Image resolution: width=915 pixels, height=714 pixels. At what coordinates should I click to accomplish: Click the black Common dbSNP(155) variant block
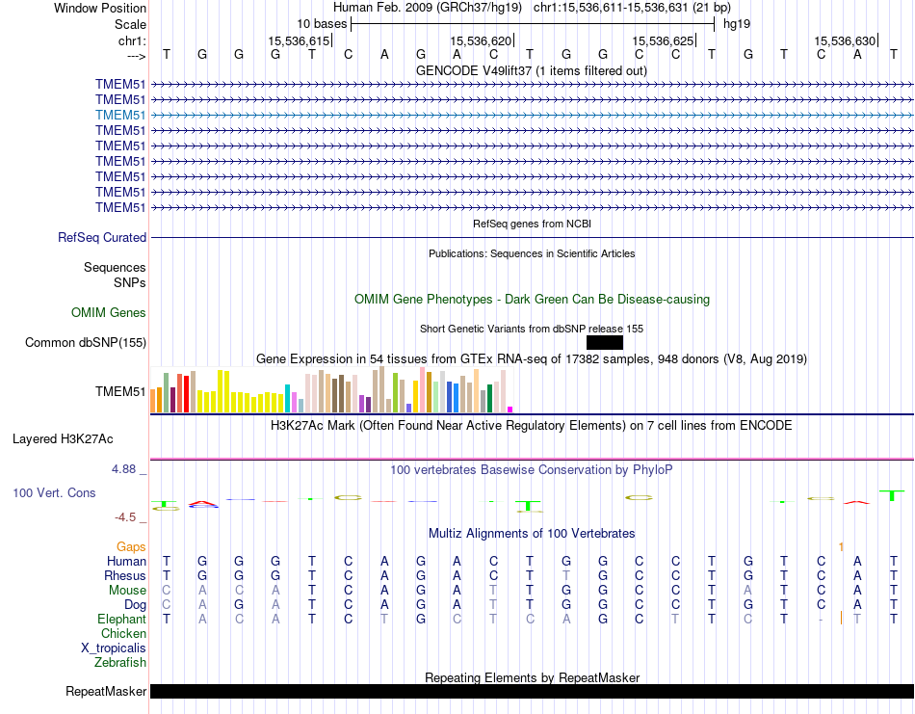604,342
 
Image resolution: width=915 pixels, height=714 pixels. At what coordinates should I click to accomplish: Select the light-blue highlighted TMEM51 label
120,115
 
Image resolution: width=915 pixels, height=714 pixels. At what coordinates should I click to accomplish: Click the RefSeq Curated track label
102,237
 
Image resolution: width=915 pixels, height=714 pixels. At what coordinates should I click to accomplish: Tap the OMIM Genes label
109,312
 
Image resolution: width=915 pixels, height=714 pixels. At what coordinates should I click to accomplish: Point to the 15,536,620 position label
481,40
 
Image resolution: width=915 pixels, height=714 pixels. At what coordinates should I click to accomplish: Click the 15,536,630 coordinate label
845,40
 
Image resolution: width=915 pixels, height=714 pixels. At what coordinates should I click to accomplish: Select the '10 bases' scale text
322,23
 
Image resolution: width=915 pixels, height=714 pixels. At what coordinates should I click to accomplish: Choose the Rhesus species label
125,575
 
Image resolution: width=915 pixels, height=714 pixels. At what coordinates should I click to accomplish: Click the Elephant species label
121,619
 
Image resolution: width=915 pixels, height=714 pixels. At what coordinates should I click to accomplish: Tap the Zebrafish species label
120,662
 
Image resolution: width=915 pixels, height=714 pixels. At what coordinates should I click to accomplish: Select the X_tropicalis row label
114,648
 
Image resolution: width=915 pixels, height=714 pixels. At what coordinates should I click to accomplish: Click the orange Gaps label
131,546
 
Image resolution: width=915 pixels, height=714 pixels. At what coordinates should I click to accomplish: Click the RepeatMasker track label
106,691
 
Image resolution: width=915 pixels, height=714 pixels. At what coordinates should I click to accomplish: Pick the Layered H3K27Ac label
63,438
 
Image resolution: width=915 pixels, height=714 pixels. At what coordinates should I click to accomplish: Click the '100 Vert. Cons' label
54,492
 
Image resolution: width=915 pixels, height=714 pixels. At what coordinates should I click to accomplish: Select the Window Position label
100,8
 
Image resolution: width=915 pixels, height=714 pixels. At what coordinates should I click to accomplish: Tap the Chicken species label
123,633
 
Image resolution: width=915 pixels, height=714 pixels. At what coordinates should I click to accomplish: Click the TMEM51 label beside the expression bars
120,392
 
